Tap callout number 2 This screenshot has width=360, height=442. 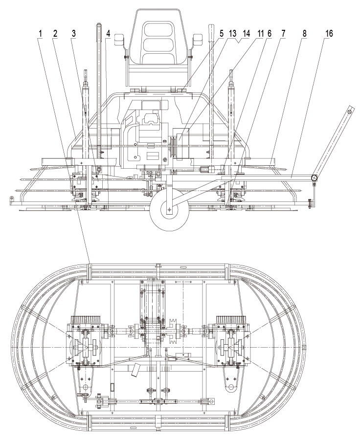point(56,33)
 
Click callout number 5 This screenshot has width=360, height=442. point(222,33)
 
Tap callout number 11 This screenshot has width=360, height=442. point(261,33)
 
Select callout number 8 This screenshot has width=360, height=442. point(304,33)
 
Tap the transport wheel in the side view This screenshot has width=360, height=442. point(168,210)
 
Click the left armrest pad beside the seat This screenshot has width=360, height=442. point(119,40)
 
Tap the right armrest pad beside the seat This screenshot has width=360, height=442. point(198,39)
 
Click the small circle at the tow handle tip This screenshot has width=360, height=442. point(349,111)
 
